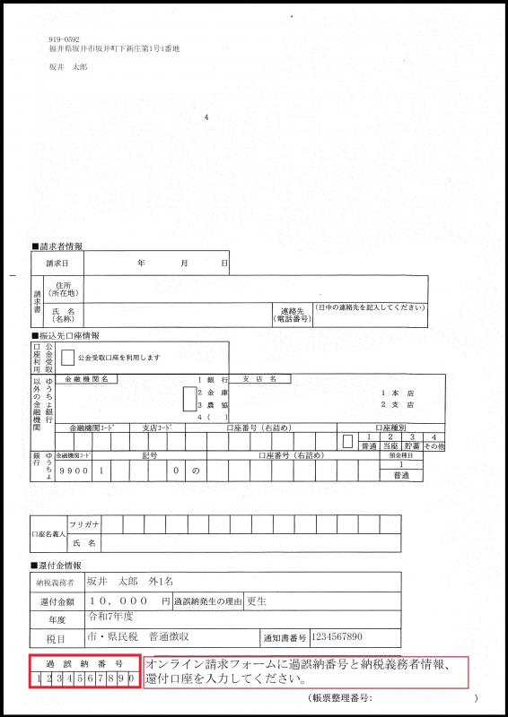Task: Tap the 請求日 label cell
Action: tap(57, 263)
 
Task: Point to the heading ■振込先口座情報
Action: tap(66, 335)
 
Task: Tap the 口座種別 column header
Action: tap(390, 428)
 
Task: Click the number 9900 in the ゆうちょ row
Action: tap(72, 470)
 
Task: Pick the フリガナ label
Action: tap(84, 523)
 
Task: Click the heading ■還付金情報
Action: tap(59, 566)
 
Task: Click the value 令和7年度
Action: tap(109, 618)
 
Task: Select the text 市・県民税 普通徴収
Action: tap(136, 636)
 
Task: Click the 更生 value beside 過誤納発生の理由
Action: tap(256, 600)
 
